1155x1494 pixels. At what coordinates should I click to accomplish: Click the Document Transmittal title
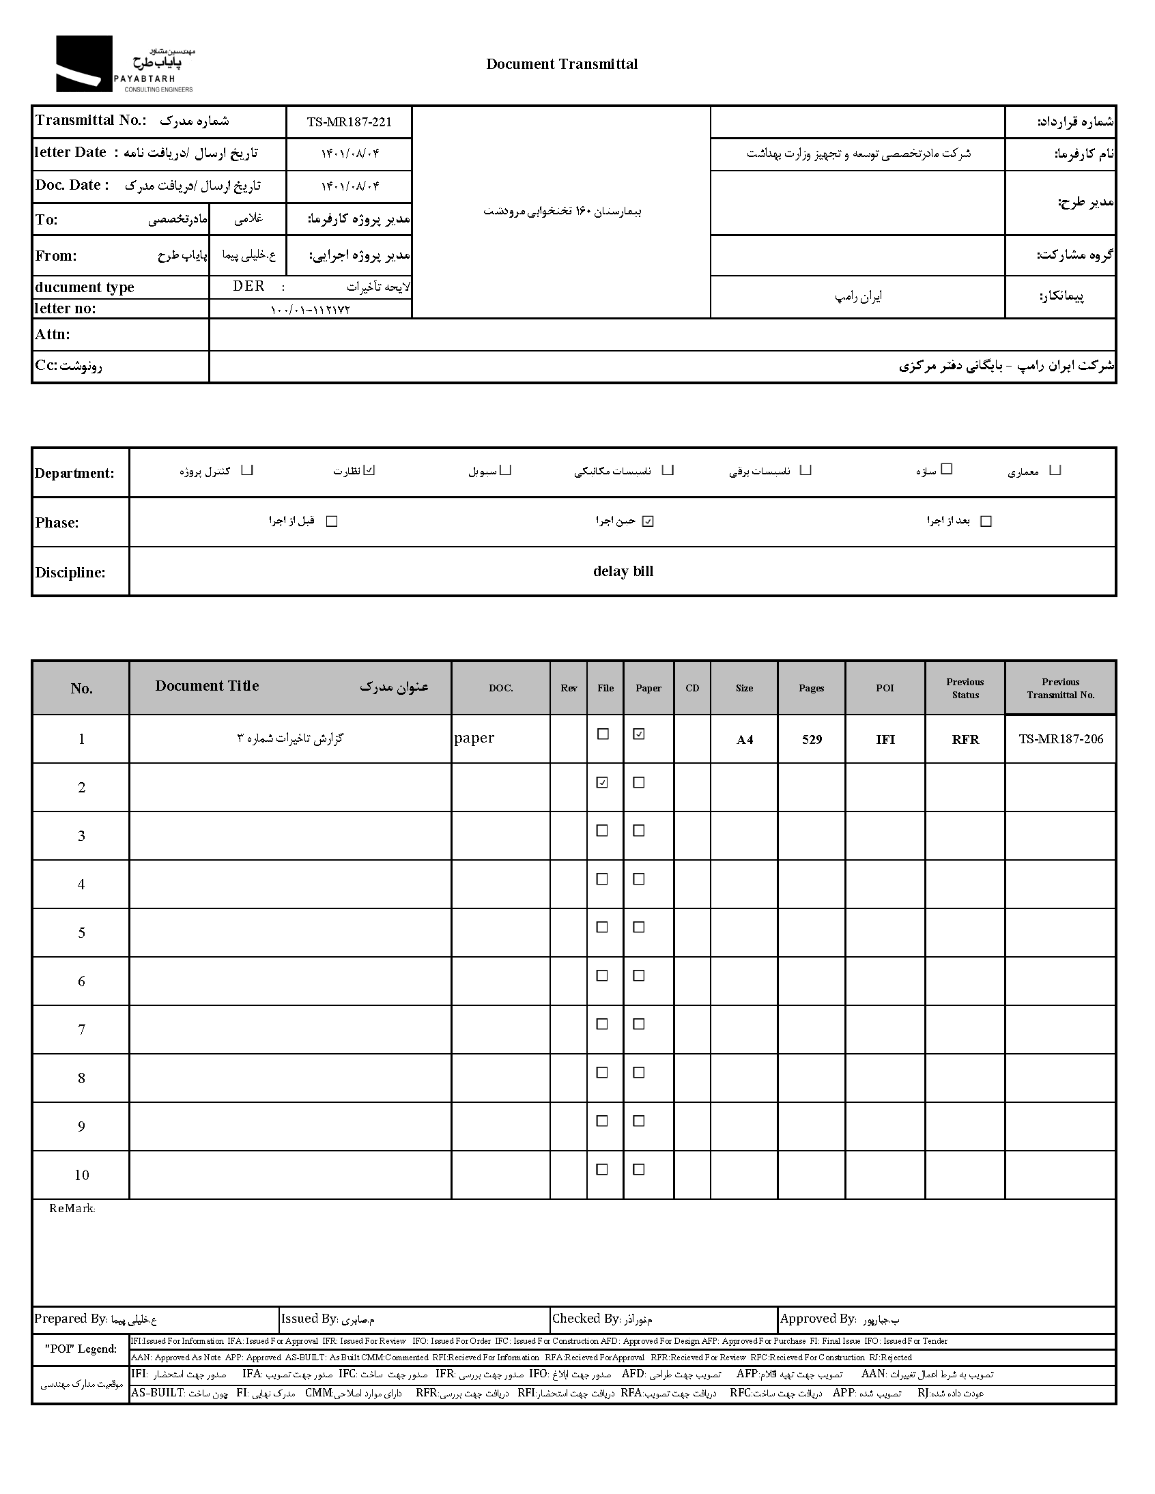coord(561,64)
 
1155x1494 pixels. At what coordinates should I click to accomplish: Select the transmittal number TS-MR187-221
coord(349,122)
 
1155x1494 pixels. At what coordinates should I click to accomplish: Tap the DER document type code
coord(248,287)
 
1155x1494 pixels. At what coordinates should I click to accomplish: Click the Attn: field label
coord(53,334)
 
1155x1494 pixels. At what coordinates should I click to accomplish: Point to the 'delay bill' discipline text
coord(623,571)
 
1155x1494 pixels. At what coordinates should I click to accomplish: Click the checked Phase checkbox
coord(648,521)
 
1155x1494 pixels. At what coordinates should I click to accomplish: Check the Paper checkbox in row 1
coord(639,734)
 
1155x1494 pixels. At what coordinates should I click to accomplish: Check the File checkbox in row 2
coord(602,783)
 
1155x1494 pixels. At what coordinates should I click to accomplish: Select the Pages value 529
coord(812,739)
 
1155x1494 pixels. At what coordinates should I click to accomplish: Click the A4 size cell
coord(745,739)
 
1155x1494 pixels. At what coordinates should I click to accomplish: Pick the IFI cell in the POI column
coord(885,739)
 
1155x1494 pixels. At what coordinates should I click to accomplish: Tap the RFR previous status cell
coord(965,739)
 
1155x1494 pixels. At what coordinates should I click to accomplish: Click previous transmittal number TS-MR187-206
coord(1060,738)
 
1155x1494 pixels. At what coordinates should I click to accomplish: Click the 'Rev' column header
coord(569,688)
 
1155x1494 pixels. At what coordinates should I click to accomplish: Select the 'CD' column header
coord(691,688)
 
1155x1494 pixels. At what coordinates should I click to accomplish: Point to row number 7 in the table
coord(81,1029)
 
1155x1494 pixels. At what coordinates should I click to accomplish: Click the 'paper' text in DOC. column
coord(474,737)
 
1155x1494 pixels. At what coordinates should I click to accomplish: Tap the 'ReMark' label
coord(71,1209)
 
